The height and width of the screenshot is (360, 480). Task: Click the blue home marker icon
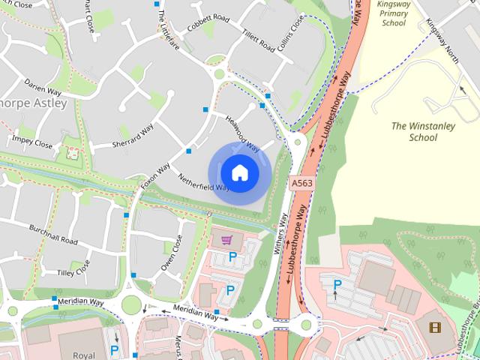pyautogui.click(x=239, y=172)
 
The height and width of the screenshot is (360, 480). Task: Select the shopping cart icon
pyautogui.click(x=226, y=240)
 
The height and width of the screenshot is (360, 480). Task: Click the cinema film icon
pyautogui.click(x=435, y=327)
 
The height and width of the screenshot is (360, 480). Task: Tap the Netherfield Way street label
pyautogui.click(x=203, y=181)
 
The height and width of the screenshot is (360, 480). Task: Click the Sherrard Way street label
pyautogui.click(x=132, y=133)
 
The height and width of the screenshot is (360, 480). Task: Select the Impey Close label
pyautogui.click(x=32, y=142)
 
